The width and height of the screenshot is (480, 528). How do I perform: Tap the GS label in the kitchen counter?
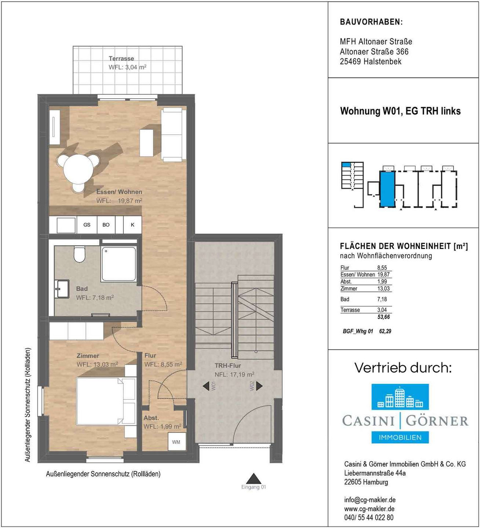[x=87, y=225]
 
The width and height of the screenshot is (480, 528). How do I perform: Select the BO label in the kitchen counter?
[x=106, y=225]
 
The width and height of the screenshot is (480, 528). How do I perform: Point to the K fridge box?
[x=132, y=225]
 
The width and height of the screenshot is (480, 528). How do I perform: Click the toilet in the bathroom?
[x=79, y=255]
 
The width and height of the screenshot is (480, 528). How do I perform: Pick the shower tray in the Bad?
[x=118, y=264]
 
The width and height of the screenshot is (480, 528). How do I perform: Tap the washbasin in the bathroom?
[x=62, y=289]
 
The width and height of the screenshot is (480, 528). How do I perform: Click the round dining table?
[x=78, y=169]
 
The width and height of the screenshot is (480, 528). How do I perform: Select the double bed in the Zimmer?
[x=100, y=401]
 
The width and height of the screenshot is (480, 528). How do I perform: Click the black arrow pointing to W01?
[x=206, y=386]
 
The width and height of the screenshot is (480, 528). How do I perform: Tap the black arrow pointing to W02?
[x=260, y=386]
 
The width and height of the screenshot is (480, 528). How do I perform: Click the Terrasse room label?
[x=122, y=58]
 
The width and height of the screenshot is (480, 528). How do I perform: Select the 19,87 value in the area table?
[x=383, y=275]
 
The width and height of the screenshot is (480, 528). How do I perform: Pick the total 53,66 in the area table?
[x=384, y=317]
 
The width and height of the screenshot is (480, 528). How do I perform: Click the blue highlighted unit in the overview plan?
[x=387, y=189]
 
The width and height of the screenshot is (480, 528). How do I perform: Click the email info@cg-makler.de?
[x=370, y=500]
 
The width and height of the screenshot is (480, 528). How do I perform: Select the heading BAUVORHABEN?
[x=372, y=22]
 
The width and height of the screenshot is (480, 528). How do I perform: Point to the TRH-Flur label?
[x=228, y=366]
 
